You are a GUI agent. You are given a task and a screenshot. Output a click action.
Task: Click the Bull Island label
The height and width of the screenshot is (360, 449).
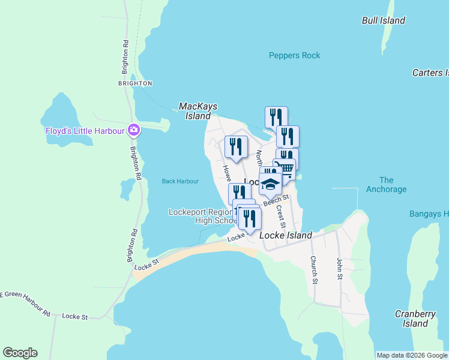pyautogui.click(x=384, y=20)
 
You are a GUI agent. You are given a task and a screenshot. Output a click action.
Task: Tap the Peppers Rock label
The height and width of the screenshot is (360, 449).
pyautogui.click(x=294, y=56)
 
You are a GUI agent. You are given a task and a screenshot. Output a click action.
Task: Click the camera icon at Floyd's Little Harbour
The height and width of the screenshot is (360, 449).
pyautogui.click(x=134, y=130)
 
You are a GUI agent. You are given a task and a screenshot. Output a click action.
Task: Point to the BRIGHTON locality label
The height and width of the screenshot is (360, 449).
pyautogui.click(x=135, y=83)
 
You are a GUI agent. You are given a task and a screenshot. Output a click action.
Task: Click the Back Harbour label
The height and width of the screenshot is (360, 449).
pyautogui.click(x=180, y=181)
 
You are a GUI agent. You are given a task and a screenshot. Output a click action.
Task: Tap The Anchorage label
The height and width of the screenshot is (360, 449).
pyautogui.click(x=386, y=184)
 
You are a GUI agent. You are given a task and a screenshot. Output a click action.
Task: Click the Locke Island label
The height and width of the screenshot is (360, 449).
pyautogui.click(x=286, y=236)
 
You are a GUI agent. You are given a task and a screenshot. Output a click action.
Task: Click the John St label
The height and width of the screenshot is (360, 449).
pyautogui.click(x=339, y=269)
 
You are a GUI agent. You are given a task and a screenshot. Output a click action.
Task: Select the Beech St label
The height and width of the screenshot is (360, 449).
pyautogui.click(x=276, y=201)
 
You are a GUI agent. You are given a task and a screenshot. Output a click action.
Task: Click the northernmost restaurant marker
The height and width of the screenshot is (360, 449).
pyautogui.click(x=276, y=116)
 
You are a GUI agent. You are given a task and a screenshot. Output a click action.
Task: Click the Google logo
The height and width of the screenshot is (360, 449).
pyautogui.click(x=20, y=353)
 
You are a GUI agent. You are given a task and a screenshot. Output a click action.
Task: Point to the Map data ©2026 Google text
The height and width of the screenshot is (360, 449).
pyautogui.click(x=411, y=355)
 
